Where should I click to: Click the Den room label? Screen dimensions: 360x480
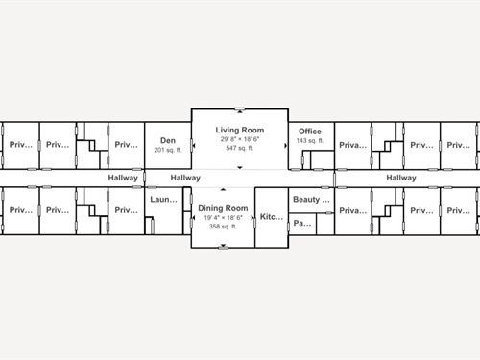pos(168,140)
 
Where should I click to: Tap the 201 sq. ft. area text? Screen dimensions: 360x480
pos(168,150)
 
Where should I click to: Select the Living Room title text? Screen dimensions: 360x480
pos(239,129)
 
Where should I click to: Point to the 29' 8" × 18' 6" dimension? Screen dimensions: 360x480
pos(239,138)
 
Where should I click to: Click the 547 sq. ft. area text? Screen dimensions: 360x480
pos(239,148)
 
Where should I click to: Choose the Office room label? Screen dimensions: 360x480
pos(310,132)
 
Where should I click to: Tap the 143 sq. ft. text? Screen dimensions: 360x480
pos(310,141)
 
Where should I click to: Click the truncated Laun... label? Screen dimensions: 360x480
pos(164,200)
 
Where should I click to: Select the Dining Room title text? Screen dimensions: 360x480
pos(223,208)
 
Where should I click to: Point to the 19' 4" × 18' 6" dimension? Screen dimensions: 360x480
pos(223,218)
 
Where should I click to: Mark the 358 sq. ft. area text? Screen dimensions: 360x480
pos(223,227)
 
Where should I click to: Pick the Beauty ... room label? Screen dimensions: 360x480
pos(311,200)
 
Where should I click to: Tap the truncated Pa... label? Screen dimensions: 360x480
pos(301,224)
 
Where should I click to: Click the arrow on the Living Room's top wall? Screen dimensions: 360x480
pos(239,109)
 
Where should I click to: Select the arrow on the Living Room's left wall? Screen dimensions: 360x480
pos(195,144)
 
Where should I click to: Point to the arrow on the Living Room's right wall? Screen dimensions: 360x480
pos(285,144)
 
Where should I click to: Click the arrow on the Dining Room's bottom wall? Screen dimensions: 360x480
pos(223,246)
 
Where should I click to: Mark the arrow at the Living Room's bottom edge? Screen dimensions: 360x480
pos(239,169)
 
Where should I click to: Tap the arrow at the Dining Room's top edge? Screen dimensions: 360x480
pos(223,189)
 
